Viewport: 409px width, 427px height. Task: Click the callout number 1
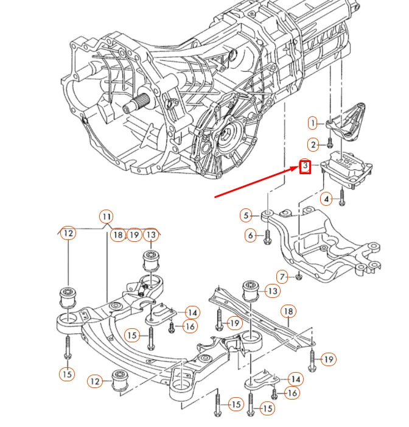[x=313, y=123]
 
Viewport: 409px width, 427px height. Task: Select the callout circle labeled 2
[x=313, y=144]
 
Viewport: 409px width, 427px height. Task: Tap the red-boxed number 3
[x=306, y=166]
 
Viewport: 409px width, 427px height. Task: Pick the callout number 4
[x=326, y=199]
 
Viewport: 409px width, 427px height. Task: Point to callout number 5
[x=246, y=215]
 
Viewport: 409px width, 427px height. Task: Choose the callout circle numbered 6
[x=250, y=235]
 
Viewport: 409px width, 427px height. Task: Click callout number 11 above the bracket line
[x=106, y=216]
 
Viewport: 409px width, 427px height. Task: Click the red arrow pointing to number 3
[x=256, y=182]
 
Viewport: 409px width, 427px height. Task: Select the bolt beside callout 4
[x=342, y=196]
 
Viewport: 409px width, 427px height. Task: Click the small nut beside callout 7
[x=299, y=278]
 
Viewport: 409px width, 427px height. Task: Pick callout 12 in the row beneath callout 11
[x=68, y=233]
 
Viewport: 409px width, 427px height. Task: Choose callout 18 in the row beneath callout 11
[x=117, y=235]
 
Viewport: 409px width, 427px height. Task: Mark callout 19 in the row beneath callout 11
[x=134, y=235]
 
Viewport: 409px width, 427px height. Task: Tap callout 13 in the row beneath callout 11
[x=151, y=235]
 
